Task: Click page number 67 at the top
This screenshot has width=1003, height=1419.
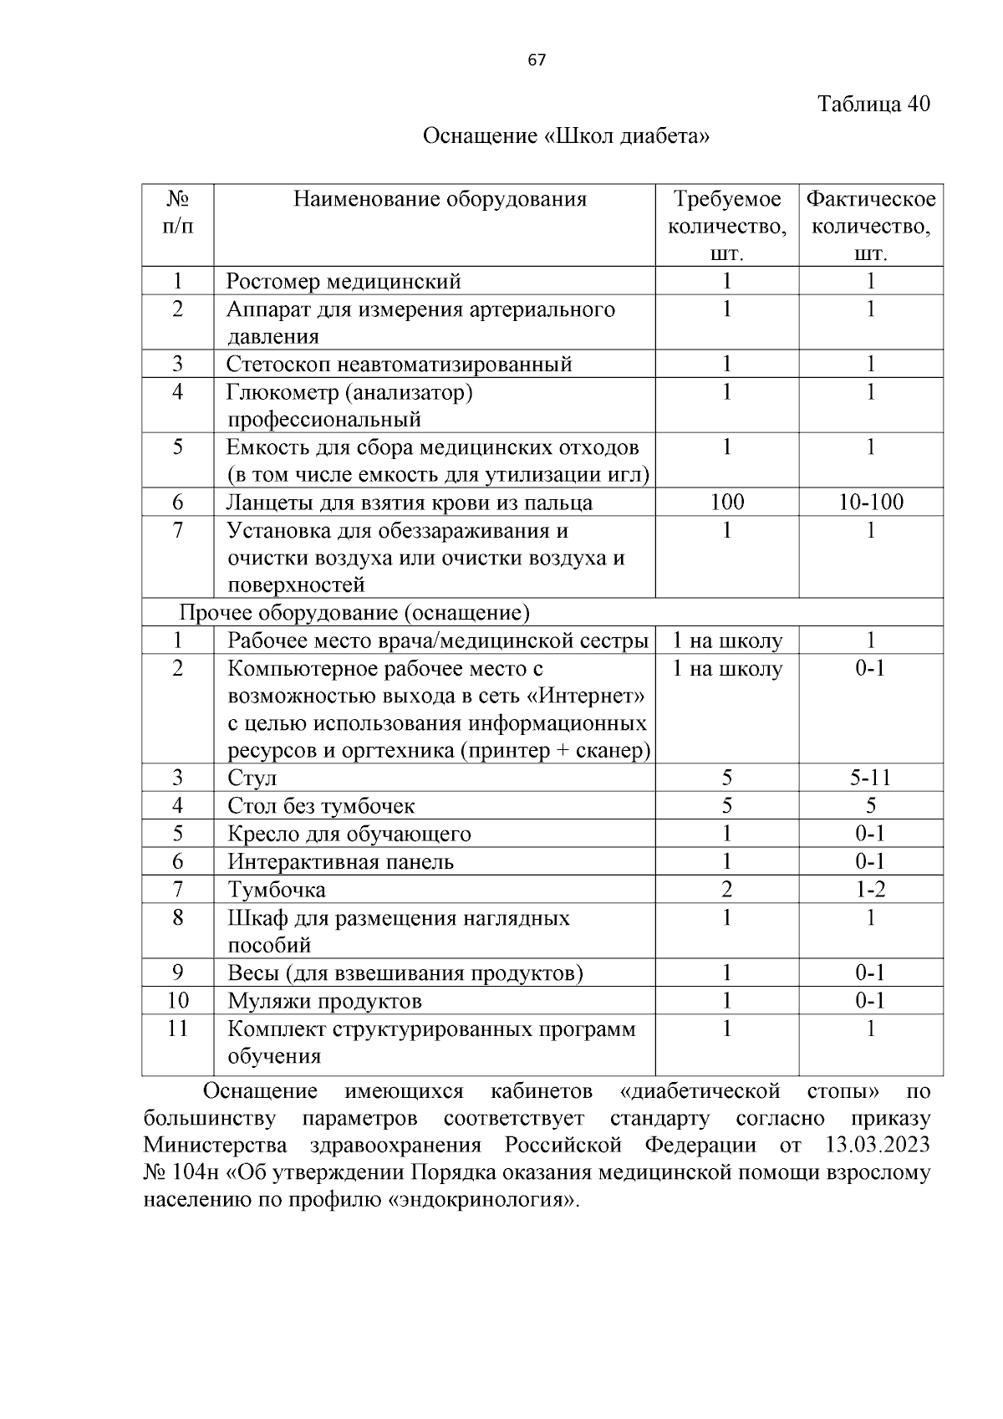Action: [x=537, y=60]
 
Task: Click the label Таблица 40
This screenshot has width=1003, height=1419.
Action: [x=873, y=105]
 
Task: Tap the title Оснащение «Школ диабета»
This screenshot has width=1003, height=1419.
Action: [x=566, y=135]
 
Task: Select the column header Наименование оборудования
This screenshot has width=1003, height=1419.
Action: [x=440, y=199]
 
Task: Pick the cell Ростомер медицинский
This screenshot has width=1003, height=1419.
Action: [x=344, y=282]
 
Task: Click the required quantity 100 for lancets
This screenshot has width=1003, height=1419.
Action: [x=726, y=503]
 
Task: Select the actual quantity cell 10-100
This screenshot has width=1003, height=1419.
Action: [x=870, y=503]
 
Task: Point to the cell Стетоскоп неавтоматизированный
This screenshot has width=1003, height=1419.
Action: [x=400, y=365]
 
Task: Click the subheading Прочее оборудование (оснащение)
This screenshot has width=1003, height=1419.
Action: [x=355, y=614]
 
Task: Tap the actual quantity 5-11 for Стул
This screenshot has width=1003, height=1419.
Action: [x=870, y=778]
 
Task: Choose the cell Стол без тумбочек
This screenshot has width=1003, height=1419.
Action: [x=321, y=806]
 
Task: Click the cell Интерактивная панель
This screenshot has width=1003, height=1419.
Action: [x=340, y=862]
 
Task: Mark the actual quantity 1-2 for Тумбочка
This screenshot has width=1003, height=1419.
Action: [x=870, y=890]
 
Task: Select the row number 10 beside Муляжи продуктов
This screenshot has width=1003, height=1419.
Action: [x=177, y=1001]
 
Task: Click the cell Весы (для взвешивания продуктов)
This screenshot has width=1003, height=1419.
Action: [x=405, y=973]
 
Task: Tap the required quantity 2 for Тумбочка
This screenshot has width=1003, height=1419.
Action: [x=726, y=890]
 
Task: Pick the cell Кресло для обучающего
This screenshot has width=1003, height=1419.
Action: [x=349, y=835]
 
